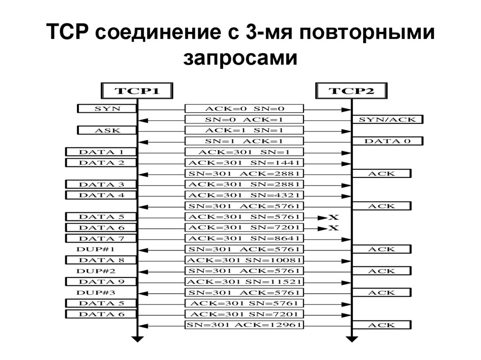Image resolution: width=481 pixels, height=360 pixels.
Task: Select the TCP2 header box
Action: click(351, 91)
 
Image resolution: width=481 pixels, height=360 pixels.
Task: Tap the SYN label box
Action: click(107, 108)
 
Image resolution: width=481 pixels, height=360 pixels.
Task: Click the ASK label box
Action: click(107, 130)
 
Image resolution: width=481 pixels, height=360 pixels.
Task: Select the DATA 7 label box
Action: click(101, 238)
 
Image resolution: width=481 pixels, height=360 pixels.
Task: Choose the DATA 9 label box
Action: click(101, 282)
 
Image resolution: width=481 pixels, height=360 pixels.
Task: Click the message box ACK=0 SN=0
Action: click(244, 108)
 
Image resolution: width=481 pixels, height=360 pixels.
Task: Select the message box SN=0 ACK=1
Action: click(244, 119)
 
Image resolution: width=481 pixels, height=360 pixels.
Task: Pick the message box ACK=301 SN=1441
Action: click(244, 162)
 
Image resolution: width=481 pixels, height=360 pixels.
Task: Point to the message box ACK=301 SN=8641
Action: click(244, 238)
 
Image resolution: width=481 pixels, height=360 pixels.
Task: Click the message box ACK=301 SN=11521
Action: click(244, 282)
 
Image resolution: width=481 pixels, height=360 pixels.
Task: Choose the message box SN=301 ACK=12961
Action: click(244, 325)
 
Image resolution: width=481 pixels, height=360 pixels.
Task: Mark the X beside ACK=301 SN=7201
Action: click(333, 228)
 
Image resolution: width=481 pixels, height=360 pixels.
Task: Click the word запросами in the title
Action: click(240, 59)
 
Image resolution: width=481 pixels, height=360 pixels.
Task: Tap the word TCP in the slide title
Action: click(70, 34)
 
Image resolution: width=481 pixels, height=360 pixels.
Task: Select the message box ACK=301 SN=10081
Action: click(244, 260)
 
